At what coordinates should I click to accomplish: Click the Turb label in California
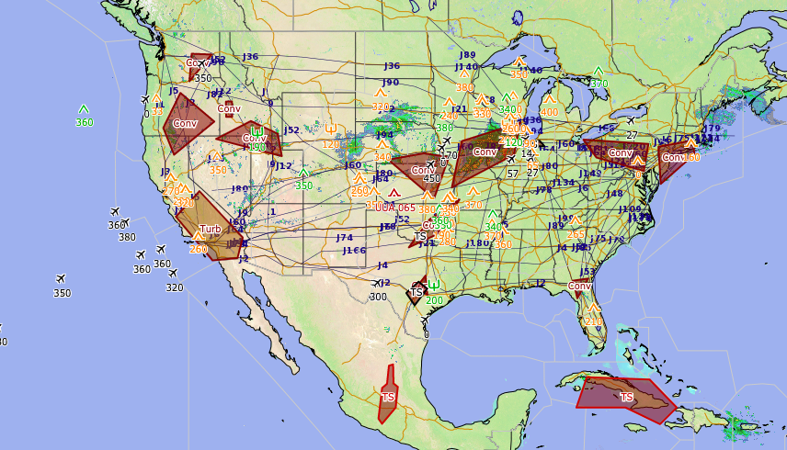tap(211, 230)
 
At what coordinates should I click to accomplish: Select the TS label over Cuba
tap(626, 397)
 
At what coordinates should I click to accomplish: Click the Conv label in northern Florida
tap(579, 286)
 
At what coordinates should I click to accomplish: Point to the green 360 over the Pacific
tap(84, 122)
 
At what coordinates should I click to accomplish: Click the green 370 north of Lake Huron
tap(599, 84)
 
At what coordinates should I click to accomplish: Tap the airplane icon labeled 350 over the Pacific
tap(61, 279)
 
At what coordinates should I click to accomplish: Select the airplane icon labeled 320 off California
tap(173, 274)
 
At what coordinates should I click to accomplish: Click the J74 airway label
tap(345, 238)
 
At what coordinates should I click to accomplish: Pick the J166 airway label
tap(354, 250)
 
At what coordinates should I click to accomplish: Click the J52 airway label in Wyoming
tap(291, 130)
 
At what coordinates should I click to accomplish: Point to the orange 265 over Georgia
tap(576, 234)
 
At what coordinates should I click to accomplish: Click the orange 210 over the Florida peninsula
tap(594, 321)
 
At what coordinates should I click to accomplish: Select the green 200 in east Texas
tap(434, 300)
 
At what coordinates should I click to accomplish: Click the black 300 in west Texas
tap(378, 297)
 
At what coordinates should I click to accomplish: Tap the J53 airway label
tap(588, 272)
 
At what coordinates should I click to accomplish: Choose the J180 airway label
tap(478, 243)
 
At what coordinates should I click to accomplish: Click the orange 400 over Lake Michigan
tap(549, 112)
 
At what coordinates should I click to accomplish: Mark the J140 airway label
tap(467, 67)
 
